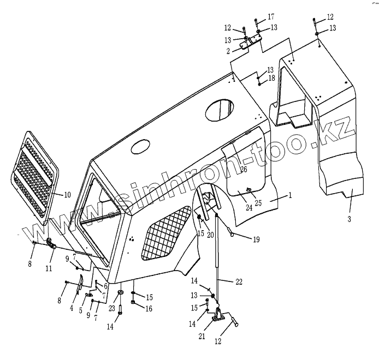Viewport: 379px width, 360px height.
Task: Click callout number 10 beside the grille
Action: tap(68, 195)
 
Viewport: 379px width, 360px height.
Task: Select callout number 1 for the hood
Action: tap(290, 194)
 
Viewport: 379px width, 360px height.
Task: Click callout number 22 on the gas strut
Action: tap(239, 281)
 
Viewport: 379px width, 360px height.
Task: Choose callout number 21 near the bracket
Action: tap(202, 337)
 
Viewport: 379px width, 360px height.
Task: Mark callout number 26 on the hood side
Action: tap(244, 169)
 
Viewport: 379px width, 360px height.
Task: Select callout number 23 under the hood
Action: tap(111, 308)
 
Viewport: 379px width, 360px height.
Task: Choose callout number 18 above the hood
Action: tap(271, 79)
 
